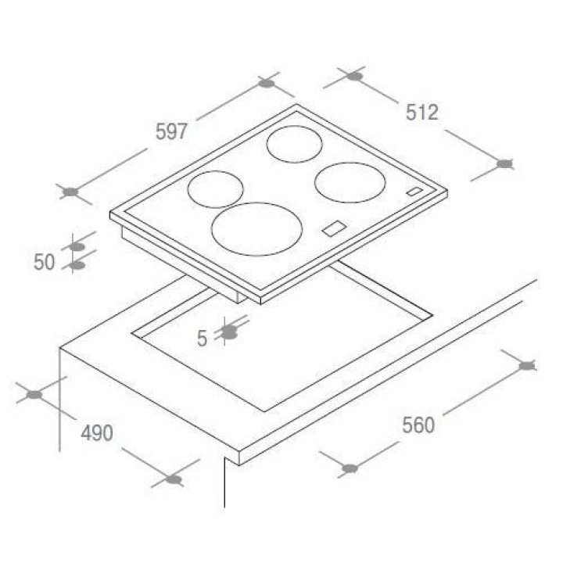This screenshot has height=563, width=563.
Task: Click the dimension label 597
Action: [x=171, y=131]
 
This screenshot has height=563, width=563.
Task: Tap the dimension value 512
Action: [x=422, y=113]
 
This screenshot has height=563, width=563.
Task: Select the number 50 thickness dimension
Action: [x=44, y=262]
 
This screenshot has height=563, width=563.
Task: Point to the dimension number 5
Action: [x=203, y=339]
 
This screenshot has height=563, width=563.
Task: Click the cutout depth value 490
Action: [x=97, y=433]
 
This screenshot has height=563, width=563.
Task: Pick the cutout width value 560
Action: [x=418, y=425]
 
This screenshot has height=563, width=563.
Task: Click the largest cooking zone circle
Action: [x=256, y=229]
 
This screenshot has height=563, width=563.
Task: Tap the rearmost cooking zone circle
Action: [x=295, y=144]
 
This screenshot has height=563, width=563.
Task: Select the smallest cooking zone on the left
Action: [x=216, y=189]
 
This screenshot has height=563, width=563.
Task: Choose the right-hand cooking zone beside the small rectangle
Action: [x=350, y=182]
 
